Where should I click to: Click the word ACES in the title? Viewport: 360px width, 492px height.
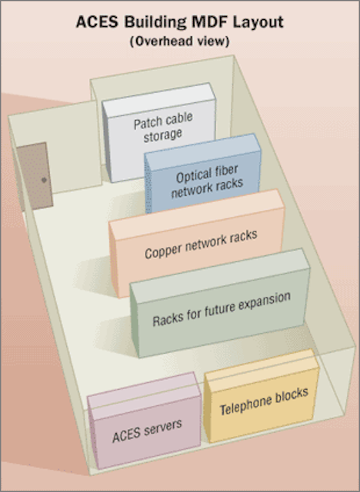97,22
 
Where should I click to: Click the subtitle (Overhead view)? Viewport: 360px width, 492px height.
179,42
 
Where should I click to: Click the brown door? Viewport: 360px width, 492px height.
35,176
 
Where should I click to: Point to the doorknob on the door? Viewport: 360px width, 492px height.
44,180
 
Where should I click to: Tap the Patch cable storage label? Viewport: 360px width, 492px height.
163,127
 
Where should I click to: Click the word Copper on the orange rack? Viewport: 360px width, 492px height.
163,251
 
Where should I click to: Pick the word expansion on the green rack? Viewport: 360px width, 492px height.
265,303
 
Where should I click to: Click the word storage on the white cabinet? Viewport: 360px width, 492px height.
162,135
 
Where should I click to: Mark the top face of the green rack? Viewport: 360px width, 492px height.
221,275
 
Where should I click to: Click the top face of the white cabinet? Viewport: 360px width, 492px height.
159,100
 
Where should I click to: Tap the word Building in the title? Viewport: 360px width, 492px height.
155,23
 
